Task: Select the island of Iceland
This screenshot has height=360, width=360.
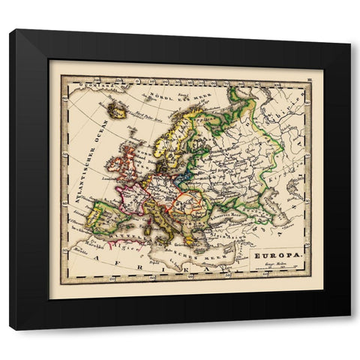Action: pos(117,109)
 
